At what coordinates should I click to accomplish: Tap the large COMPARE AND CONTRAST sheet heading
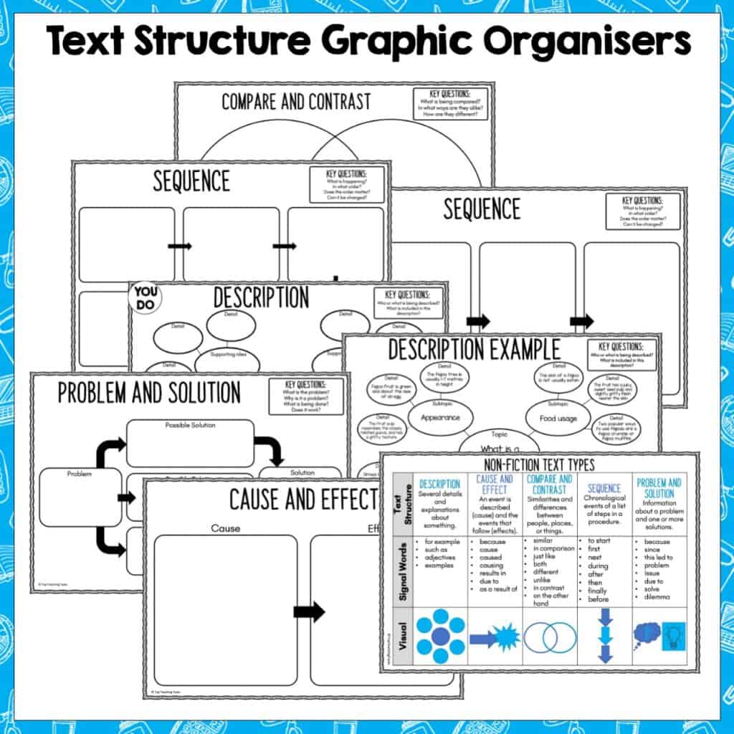pyautogui.click(x=296, y=102)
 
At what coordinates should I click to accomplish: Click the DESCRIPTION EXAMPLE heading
pyautogui.click(x=474, y=351)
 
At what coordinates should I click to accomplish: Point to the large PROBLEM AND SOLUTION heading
pyautogui.click(x=149, y=394)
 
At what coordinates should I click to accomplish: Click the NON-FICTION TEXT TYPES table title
pyautogui.click(x=540, y=464)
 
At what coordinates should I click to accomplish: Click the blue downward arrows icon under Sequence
pyautogui.click(x=605, y=635)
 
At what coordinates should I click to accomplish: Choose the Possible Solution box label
pyautogui.click(x=190, y=425)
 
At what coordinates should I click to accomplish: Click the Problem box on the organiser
pyautogui.click(x=80, y=496)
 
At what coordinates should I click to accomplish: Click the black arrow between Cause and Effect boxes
pyautogui.click(x=309, y=612)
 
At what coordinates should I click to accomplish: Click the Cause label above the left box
pyautogui.click(x=225, y=529)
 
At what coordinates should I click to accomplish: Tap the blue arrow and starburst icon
pyautogui.click(x=494, y=637)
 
